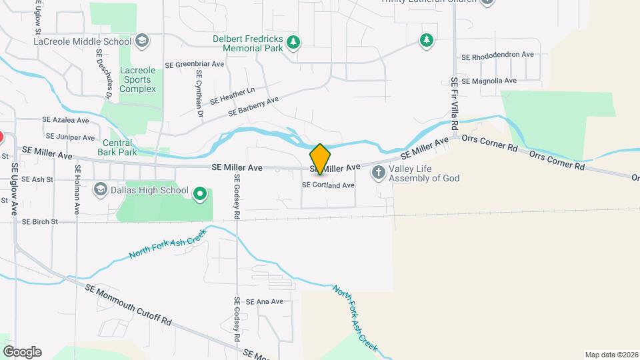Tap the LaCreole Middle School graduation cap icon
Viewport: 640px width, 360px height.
(x=141, y=41)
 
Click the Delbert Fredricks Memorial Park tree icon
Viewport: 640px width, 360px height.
(x=293, y=43)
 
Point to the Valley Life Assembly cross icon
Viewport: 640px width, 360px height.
(x=378, y=173)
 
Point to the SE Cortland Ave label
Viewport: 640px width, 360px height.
(x=328, y=185)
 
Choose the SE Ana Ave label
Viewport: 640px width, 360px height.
(x=265, y=301)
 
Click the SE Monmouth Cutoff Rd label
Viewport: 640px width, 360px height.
(x=128, y=305)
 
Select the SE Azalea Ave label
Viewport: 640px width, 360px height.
(x=65, y=121)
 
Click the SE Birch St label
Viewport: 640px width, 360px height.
(x=40, y=221)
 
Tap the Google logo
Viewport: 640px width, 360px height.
(x=22, y=352)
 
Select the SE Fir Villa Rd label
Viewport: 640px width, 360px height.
(x=455, y=103)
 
